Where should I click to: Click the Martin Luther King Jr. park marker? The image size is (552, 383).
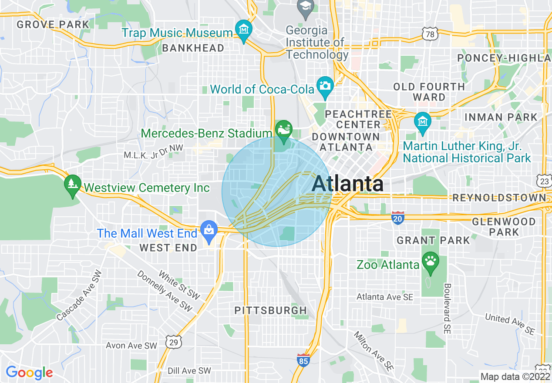click(x=422, y=121)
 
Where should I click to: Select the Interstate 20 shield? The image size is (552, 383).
click(x=397, y=218)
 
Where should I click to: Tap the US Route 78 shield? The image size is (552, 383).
click(x=429, y=33)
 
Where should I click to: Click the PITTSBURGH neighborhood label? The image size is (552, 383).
click(x=271, y=310)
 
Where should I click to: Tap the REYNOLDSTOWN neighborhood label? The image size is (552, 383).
click(x=499, y=198)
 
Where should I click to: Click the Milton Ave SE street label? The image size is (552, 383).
click(x=374, y=352)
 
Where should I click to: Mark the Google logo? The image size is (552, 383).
click(x=29, y=373)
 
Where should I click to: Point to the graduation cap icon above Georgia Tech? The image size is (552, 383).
click(x=306, y=7)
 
